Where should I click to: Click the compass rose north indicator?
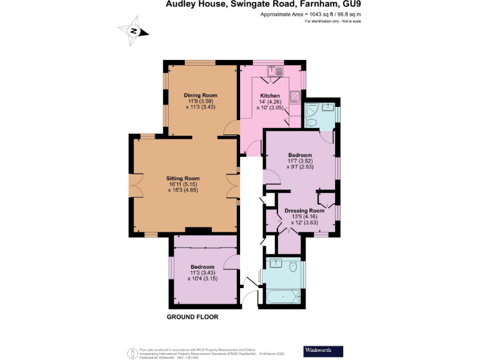[x=133, y=31]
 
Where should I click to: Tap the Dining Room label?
[x=200, y=95]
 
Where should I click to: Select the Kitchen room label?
[x=269, y=95]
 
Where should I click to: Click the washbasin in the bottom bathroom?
[x=277, y=264]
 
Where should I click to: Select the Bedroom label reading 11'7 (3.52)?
[x=300, y=161]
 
